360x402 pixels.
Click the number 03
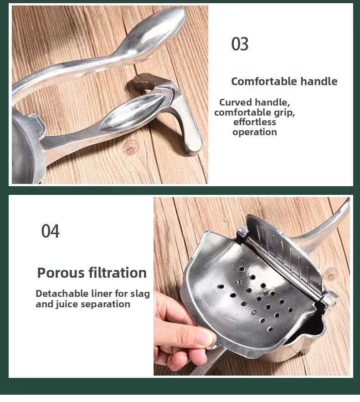pos(240,44)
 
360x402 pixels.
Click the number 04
pos(50,231)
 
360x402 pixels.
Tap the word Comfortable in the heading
pos(264,81)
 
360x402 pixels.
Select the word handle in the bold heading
pos(319,81)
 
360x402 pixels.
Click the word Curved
pos(236,102)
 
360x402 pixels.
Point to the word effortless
pos(255,122)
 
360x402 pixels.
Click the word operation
pos(255,132)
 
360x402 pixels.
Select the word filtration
pos(118,273)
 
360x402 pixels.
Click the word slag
pos(140,294)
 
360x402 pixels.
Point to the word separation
pos(106,304)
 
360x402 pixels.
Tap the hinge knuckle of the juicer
pos(331,301)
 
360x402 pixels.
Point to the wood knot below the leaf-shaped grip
pos(131,147)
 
